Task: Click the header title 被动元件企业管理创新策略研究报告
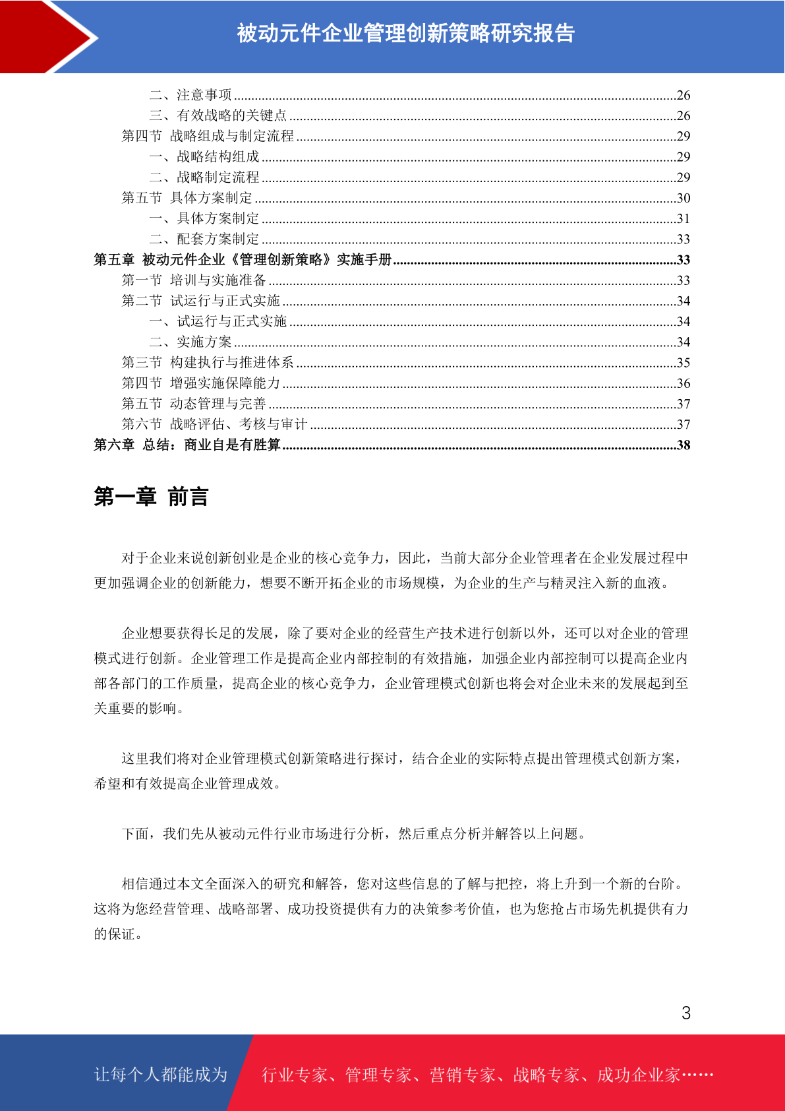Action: tap(405, 33)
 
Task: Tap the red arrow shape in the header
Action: tap(49, 36)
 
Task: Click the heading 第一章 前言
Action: tap(151, 497)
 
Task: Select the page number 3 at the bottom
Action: tap(686, 1013)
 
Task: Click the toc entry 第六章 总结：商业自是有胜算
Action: tap(187, 445)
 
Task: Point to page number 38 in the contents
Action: tap(683, 445)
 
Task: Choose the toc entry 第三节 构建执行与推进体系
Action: tap(208, 363)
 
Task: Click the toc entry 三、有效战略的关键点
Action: tap(218, 115)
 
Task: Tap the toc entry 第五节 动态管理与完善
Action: tap(194, 404)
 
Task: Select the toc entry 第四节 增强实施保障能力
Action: tap(201, 383)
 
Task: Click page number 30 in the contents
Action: tap(683, 198)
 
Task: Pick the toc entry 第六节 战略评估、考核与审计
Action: tap(215, 424)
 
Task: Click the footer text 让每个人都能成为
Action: tap(161, 1075)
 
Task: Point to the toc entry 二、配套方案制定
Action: tap(204, 239)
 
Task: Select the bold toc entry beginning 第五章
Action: tap(243, 260)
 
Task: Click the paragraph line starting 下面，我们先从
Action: tap(354, 834)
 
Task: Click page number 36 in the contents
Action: tap(683, 383)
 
